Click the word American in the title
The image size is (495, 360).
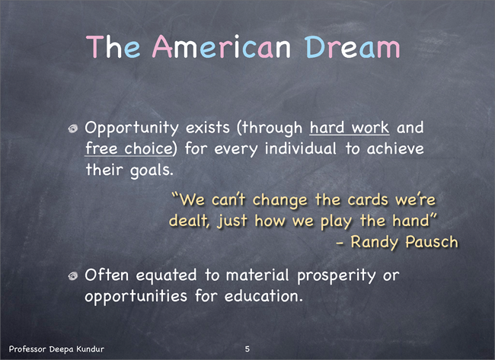pos(222,47)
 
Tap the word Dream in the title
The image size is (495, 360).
pos(353,47)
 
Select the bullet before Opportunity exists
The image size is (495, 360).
pos(73,129)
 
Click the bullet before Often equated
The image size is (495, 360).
pos(73,276)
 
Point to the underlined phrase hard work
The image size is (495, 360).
pos(350,127)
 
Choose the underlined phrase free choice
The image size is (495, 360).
pos(129,148)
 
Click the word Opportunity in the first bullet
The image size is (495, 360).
pos(132,129)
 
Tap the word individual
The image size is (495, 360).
pos(301,148)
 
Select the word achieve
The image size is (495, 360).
pos(395,148)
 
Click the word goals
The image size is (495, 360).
pos(152,170)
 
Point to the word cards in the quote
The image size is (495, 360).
pos(368,199)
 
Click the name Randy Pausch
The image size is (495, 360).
pos(404,242)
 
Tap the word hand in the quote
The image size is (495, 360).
pos(410,220)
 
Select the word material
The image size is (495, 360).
pos(257,275)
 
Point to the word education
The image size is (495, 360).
pos(263,296)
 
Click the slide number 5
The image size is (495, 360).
pos(247,349)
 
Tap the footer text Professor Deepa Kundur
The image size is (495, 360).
pos(56,349)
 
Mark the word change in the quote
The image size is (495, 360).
pos(279,200)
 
